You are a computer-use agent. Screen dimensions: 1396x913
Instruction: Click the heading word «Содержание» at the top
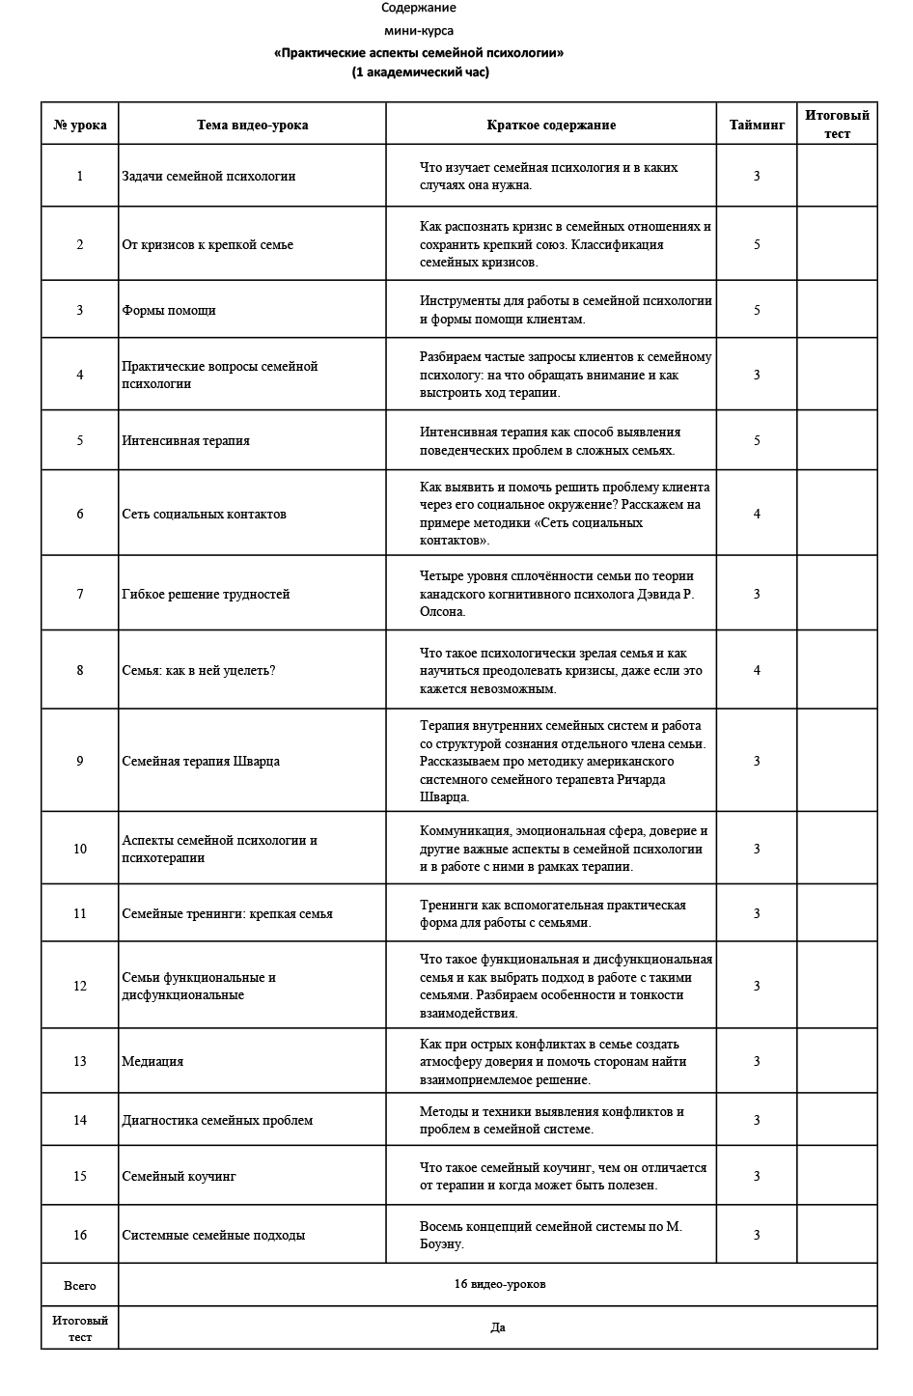tap(418, 8)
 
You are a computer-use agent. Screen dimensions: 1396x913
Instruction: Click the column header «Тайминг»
tap(757, 125)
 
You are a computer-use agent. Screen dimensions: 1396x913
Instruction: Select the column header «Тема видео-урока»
tap(252, 125)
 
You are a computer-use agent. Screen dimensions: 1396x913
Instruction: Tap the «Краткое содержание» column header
tap(550, 125)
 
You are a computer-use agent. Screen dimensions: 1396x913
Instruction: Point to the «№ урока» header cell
tap(80, 125)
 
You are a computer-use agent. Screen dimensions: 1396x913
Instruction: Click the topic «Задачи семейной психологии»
tap(208, 176)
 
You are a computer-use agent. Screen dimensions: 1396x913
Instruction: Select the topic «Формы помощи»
tap(169, 310)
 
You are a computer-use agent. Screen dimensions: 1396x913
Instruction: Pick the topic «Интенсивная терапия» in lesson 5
tap(185, 440)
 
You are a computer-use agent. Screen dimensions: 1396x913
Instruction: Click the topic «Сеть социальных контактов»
tap(204, 514)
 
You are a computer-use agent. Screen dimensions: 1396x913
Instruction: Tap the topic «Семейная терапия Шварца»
tap(201, 761)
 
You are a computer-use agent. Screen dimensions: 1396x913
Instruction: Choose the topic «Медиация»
tap(152, 1061)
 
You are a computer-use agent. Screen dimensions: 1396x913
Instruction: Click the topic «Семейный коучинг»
tap(179, 1176)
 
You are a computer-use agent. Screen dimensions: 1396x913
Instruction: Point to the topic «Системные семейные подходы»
tap(213, 1235)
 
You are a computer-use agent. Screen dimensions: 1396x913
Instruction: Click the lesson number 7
tap(80, 594)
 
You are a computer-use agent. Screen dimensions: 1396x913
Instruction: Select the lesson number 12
tap(80, 986)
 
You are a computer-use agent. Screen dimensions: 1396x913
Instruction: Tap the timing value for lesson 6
tap(757, 514)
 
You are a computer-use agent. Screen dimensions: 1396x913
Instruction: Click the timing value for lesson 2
tap(757, 244)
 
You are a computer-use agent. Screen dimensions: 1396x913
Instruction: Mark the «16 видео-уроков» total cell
tap(499, 1284)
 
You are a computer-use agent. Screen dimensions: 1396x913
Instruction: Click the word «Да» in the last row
tap(498, 1327)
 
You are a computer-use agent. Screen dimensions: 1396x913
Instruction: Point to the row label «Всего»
tap(80, 1285)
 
